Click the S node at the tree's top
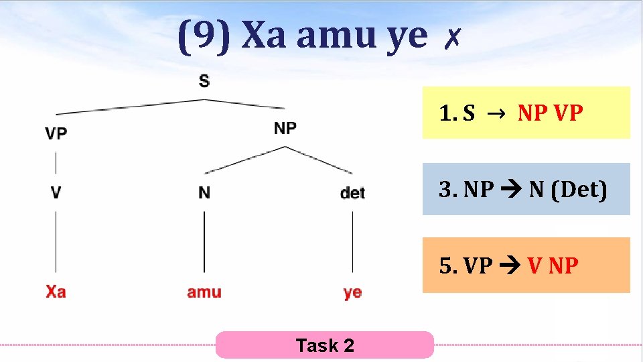click(x=204, y=81)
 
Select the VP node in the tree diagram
click(x=56, y=133)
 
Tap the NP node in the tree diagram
click(x=285, y=127)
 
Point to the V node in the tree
click(x=56, y=192)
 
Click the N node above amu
click(x=204, y=192)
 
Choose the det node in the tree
click(x=352, y=193)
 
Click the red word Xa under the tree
click(x=56, y=292)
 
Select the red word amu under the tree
click(x=204, y=292)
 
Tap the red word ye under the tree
click(x=352, y=292)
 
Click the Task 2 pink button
click(x=325, y=345)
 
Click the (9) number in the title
click(x=204, y=37)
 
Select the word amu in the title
click(x=337, y=37)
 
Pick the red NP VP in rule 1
click(x=550, y=113)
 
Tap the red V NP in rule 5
click(x=553, y=265)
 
